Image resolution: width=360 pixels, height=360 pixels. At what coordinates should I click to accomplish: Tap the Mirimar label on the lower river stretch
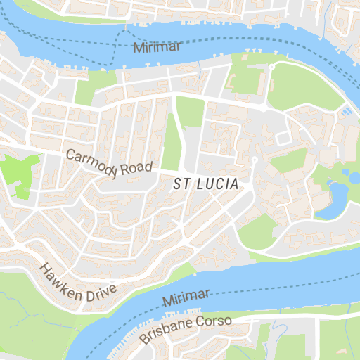186,296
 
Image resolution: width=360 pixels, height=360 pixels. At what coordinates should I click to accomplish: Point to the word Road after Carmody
136,167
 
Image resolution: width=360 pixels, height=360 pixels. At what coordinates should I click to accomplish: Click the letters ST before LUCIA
181,184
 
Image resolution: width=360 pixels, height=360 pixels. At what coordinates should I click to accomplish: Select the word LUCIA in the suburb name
217,184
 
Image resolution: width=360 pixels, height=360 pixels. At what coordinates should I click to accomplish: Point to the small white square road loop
283,139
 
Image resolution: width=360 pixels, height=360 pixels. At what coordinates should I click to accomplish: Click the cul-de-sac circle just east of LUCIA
255,162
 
